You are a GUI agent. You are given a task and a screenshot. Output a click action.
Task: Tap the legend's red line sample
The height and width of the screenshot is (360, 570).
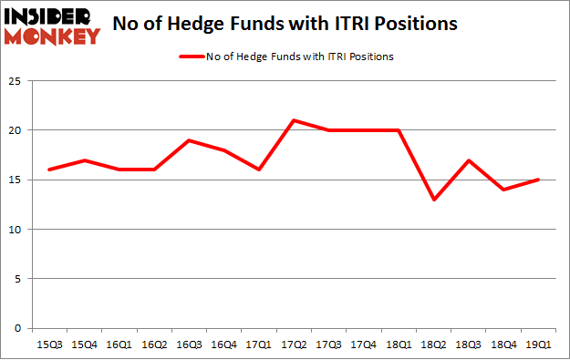pyautogui.click(x=193, y=57)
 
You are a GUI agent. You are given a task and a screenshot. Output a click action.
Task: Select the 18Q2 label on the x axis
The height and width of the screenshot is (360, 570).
pyautogui.click(x=434, y=345)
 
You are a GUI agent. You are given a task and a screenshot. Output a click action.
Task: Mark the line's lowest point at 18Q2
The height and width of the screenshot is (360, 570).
pyautogui.click(x=434, y=200)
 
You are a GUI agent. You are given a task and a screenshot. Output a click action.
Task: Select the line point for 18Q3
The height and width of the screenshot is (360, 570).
pyautogui.click(x=468, y=160)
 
